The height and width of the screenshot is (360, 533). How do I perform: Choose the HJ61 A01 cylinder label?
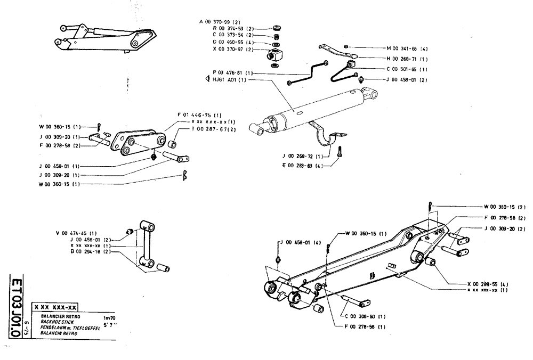(225, 80)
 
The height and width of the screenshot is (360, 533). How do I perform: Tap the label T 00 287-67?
(210, 129)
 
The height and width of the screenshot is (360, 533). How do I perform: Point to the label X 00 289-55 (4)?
(487, 284)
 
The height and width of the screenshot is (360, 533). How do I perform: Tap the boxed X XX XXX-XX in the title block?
(55, 307)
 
